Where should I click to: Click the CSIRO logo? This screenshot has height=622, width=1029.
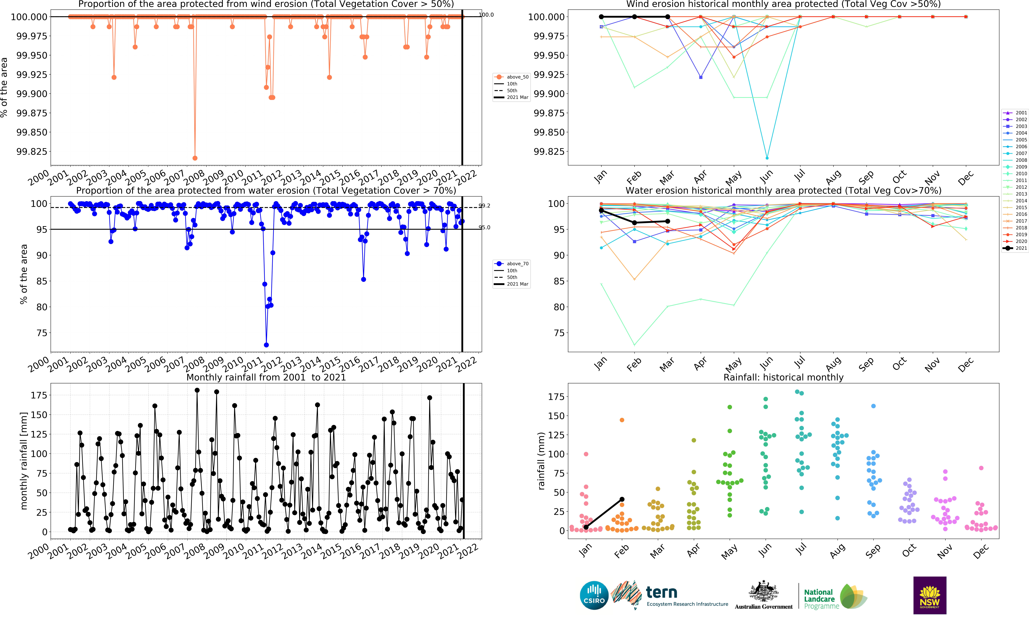(594, 595)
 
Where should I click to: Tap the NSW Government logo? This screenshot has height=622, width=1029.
(930, 595)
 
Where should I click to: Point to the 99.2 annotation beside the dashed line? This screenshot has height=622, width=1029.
(484, 206)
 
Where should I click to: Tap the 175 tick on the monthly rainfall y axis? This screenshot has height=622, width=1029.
(39, 395)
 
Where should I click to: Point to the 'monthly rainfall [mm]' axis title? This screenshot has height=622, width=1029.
(24, 461)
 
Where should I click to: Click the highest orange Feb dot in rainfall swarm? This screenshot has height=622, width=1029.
(622, 420)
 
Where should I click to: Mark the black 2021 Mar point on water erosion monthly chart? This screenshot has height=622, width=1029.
(667, 221)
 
